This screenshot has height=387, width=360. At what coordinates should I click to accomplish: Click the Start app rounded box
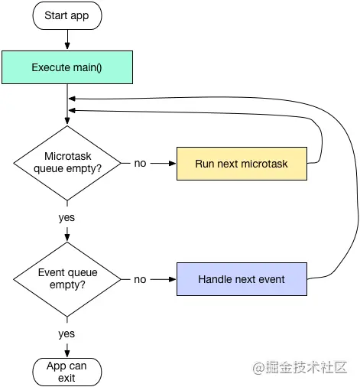(67, 15)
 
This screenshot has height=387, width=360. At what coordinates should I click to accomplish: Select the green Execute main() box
(67, 67)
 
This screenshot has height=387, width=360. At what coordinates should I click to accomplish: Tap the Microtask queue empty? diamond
(67, 163)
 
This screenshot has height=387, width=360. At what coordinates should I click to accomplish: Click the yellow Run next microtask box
(242, 164)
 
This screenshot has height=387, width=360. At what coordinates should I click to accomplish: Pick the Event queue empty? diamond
(67, 279)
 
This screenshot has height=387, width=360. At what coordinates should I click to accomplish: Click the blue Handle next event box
(242, 279)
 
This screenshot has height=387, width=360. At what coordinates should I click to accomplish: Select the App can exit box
(67, 372)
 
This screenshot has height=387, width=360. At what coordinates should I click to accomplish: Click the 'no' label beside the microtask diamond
(140, 164)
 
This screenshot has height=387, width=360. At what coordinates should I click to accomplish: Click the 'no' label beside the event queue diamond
(140, 279)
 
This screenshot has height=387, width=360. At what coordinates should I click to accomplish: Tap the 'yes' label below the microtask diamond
(67, 217)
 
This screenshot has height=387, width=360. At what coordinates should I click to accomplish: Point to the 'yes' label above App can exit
(67, 333)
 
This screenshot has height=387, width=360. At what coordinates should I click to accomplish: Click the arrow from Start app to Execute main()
(67, 39)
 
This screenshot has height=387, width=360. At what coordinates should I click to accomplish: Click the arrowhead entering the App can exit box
(67, 352)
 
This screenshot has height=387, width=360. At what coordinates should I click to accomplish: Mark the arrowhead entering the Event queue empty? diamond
(67, 239)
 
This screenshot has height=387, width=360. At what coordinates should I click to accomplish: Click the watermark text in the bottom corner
(303, 368)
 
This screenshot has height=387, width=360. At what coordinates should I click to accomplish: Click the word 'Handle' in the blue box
(216, 279)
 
